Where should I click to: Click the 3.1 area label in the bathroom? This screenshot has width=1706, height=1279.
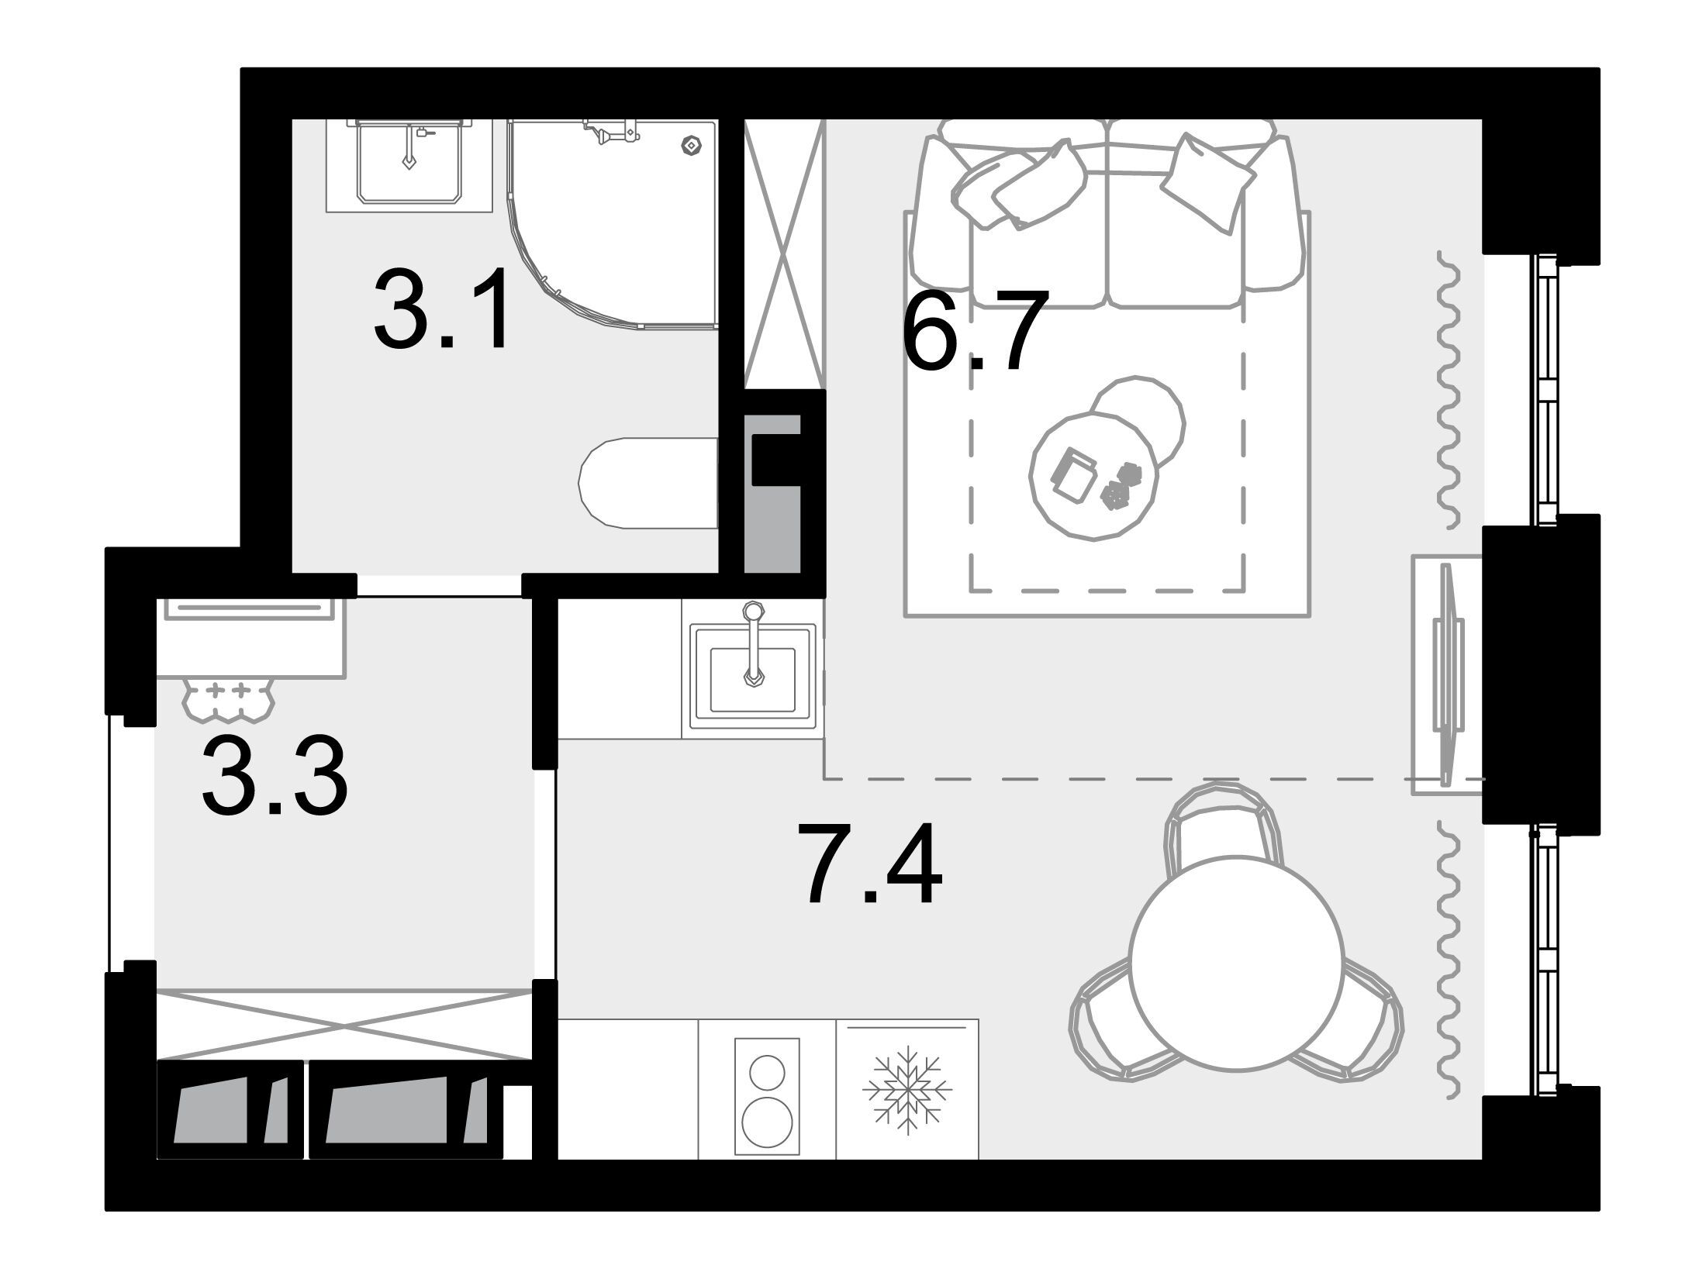pyautogui.click(x=442, y=309)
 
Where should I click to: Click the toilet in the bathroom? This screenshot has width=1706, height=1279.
pyautogui.click(x=648, y=484)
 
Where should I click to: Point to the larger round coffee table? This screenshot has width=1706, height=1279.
pyautogui.click(x=1093, y=476)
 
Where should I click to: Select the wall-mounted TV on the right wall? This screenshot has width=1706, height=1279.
pyautogui.click(x=1447, y=674)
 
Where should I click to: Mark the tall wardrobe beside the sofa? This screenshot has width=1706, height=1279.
pyautogui.click(x=783, y=253)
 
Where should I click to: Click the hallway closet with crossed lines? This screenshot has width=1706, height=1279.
pyautogui.click(x=344, y=1023)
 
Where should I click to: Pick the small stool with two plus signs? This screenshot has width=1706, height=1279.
pyautogui.click(x=228, y=696)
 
